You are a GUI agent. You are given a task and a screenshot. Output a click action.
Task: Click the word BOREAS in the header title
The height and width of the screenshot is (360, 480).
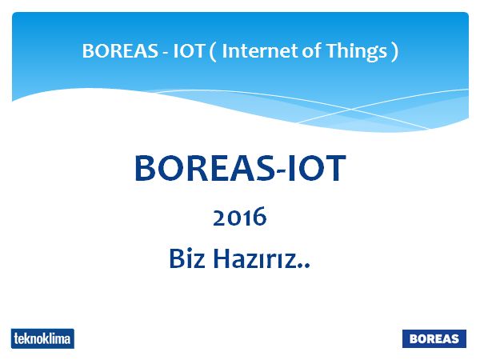pos(120,51)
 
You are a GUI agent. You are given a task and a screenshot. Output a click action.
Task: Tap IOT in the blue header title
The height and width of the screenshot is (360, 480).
pos(189,51)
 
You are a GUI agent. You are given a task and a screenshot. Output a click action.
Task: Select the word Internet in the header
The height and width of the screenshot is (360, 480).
pos(260,51)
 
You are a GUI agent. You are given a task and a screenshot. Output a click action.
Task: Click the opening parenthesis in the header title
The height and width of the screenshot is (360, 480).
pos(213,52)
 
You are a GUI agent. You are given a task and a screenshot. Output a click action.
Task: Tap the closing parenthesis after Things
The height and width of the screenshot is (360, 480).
pos(395,52)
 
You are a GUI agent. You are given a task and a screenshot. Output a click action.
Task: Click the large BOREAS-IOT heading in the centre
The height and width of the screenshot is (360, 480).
pos(240,168)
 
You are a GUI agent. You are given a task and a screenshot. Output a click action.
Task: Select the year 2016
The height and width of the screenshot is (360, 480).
pos(240,217)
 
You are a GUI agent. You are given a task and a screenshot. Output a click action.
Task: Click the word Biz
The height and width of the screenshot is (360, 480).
pos(187,258)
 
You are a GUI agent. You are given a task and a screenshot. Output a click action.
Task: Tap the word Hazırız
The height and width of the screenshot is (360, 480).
pos(256,258)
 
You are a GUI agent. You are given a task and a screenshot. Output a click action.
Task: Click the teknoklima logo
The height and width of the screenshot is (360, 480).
pos(42,338)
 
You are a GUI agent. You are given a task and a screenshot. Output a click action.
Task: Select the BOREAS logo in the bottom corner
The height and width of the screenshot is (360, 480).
pos(434,338)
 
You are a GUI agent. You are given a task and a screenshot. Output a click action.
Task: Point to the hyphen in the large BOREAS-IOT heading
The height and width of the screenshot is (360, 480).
pos(279,172)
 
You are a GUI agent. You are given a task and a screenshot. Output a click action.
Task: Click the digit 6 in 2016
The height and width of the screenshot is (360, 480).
pos(260,217)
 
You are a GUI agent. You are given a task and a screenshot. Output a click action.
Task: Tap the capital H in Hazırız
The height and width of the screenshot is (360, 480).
pos(222,258)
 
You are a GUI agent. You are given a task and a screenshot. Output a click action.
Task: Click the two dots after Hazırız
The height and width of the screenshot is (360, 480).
pos(306,266)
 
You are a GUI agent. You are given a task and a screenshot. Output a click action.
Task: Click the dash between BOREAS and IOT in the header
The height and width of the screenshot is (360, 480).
pos(166,53)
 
